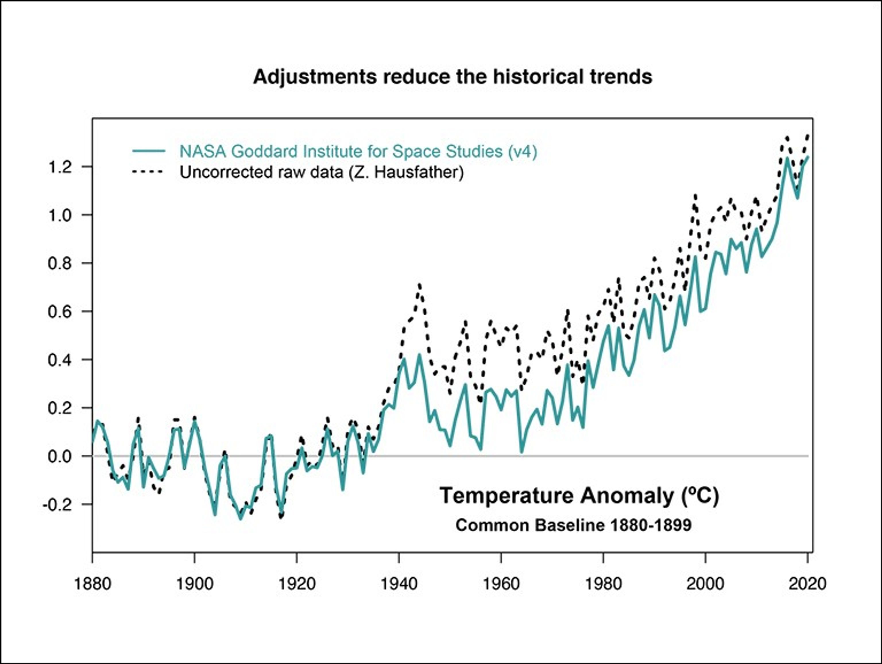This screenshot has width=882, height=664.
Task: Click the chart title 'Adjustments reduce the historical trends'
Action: click(452, 77)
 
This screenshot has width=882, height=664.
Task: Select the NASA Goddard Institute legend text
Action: click(358, 152)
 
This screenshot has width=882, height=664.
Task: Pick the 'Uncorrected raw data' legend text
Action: click(321, 172)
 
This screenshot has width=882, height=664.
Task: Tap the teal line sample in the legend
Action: click(148, 151)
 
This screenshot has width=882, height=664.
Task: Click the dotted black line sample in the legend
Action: click(148, 172)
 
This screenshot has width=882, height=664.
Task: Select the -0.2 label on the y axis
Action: click(57, 505)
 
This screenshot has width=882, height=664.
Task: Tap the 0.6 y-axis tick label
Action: click(60, 311)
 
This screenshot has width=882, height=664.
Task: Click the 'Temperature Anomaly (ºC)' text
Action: click(579, 496)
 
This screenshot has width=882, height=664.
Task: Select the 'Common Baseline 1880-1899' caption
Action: click(573, 526)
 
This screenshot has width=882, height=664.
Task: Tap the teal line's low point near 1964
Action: click(522, 452)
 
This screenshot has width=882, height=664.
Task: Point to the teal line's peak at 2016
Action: click(787, 158)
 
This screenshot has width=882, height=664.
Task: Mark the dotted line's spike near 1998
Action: click(695, 196)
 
